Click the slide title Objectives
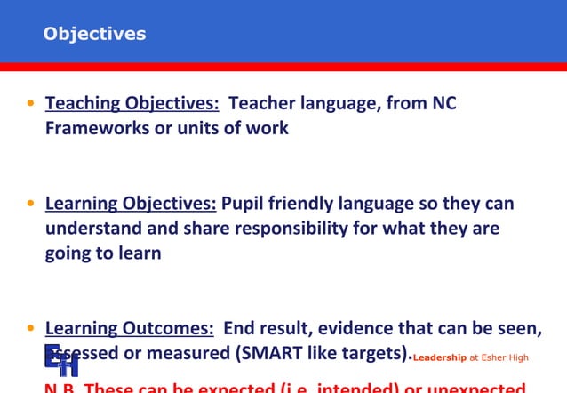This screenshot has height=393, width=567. (94, 35)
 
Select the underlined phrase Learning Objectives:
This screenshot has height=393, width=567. (131, 205)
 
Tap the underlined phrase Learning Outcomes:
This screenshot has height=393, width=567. (129, 329)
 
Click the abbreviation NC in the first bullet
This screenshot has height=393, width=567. (443, 104)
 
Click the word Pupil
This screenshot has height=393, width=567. (244, 205)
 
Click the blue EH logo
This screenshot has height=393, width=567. (61, 359)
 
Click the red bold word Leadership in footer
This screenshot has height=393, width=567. (440, 357)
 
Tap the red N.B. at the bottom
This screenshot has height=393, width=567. (61, 389)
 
